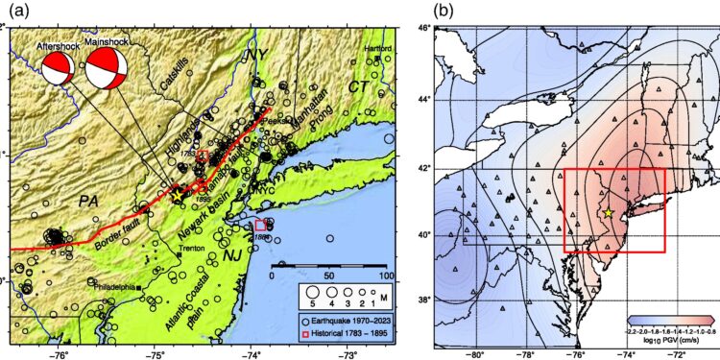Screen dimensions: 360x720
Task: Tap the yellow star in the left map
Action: click(x=177, y=194)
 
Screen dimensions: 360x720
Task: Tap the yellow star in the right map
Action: click(x=608, y=212)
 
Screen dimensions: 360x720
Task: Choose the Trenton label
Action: click(x=191, y=249)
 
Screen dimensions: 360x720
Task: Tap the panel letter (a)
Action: click(x=13, y=11)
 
